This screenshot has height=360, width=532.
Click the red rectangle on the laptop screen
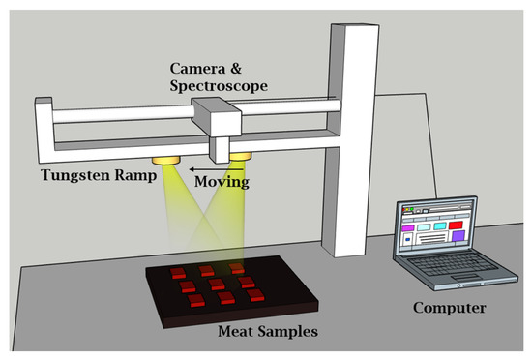(457, 225)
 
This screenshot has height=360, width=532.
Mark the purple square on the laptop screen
(407, 234)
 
